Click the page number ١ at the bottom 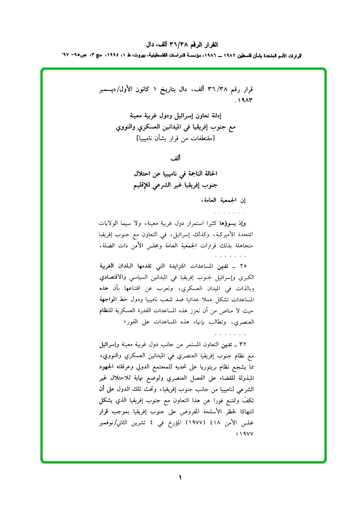tap(180, 477)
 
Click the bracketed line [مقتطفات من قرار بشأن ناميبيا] tap(180, 138)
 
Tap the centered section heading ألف tap(180, 157)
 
